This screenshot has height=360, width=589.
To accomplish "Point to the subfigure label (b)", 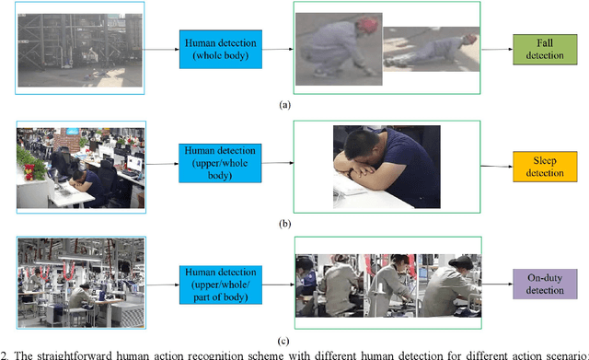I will (x=285, y=222).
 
